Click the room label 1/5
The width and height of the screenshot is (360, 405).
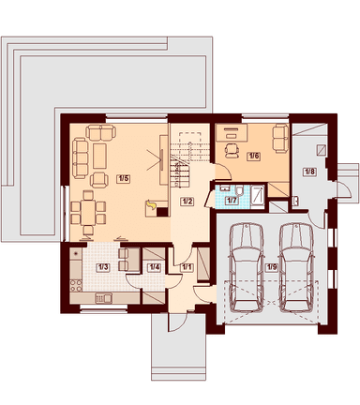[123, 179]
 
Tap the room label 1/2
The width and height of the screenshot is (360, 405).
[187, 202]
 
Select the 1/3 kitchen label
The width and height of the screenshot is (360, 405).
[103, 267]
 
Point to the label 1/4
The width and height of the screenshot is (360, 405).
[154, 267]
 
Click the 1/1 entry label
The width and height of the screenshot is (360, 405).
[187, 267]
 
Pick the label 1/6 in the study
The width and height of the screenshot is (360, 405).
[253, 156]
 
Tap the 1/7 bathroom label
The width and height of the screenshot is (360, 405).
[232, 201]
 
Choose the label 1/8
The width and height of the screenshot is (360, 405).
[309, 172]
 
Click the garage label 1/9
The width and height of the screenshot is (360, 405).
[271, 267]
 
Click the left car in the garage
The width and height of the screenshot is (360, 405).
[247, 267]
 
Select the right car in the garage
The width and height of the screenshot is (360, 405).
[296, 267]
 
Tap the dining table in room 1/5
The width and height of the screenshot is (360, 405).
[88, 213]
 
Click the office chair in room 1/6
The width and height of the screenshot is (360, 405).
[232, 150]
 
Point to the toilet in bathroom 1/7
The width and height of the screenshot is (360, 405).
[240, 190]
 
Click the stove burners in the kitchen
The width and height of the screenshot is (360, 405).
[76, 286]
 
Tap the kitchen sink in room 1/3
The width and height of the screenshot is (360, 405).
[103, 298]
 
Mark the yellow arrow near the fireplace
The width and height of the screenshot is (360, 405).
[151, 205]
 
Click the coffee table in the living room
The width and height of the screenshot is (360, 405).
[100, 156]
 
